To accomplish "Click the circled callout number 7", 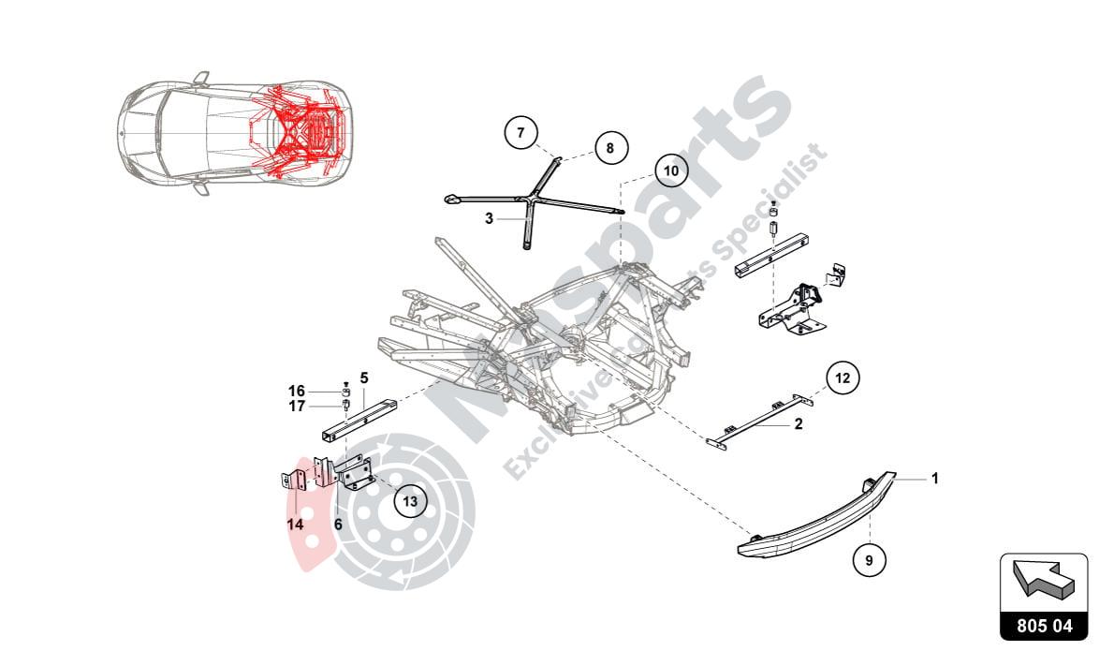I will (521, 131).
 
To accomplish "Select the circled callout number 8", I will (609, 148).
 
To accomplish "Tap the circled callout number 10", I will (670, 171).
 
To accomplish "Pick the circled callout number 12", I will (843, 378).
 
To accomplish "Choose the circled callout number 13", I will (409, 501).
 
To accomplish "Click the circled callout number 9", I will (869, 560).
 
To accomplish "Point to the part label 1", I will (933, 479).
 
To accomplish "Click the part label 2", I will (799, 423).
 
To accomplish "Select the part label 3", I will (489, 218).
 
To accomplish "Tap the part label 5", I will (364, 377).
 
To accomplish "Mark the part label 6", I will (338, 525).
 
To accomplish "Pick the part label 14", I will (295, 525).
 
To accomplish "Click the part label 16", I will (296, 391).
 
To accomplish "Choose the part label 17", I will (296, 407).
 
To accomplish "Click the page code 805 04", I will (1044, 625).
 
